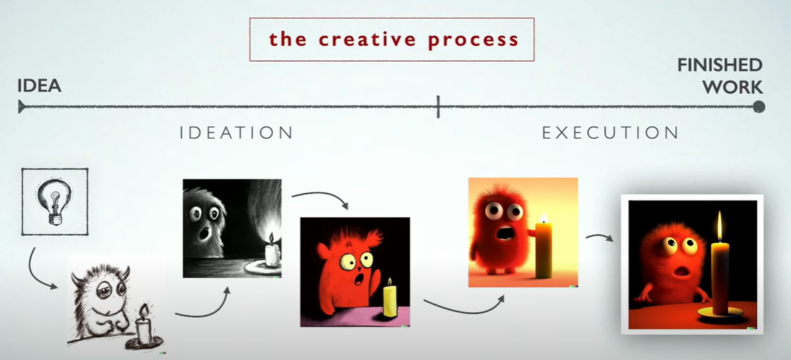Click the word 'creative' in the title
coord(370,40)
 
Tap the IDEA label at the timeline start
coord(40,86)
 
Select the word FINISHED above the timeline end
coord(720,65)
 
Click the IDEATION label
coord(236,132)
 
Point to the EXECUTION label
coord(610,132)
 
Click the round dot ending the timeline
coord(758,107)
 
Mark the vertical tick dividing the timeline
coord(438,107)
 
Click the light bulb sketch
coord(55,201)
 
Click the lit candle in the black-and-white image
coord(272,251)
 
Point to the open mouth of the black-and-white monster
coord(205,233)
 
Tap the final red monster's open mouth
coord(681,273)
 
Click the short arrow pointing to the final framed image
coord(599,237)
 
